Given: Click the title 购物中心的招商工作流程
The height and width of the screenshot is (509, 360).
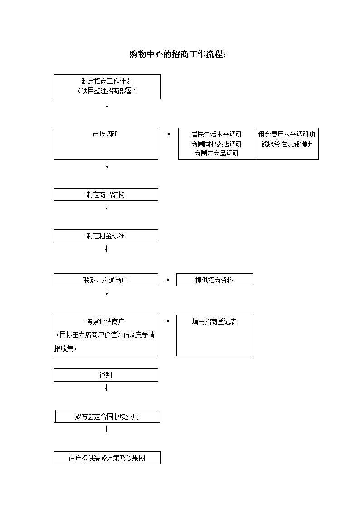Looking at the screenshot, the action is [x=177, y=54].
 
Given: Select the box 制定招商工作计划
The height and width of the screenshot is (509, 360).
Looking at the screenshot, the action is [x=107, y=87].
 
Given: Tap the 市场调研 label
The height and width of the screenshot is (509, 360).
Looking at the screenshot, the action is [x=106, y=135].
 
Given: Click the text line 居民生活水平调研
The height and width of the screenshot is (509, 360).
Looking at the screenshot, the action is [x=217, y=135].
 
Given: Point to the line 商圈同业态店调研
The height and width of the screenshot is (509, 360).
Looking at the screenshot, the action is [x=217, y=144].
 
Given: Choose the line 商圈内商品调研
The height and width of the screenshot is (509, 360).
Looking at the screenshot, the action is [x=217, y=154].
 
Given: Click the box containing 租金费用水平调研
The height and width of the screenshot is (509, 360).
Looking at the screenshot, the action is [x=287, y=144].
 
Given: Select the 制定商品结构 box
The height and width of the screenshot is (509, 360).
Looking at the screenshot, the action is [x=106, y=194].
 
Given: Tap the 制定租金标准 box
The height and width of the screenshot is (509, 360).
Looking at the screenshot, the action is [x=106, y=236].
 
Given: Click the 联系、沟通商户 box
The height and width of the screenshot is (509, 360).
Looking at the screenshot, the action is [x=106, y=280].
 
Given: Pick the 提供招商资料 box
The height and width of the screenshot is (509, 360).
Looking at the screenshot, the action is [x=214, y=280].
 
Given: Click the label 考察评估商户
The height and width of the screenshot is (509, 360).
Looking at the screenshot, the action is [x=106, y=322].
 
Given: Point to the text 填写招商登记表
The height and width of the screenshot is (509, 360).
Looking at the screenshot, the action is [x=214, y=322].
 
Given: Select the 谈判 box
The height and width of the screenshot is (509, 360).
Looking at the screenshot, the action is [x=106, y=375].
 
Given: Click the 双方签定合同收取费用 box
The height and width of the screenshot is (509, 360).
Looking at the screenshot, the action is [x=107, y=417].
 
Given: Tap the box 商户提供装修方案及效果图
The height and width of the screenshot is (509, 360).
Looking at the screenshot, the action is [x=107, y=458].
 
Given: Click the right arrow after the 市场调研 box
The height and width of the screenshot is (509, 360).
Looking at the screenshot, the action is [x=167, y=134].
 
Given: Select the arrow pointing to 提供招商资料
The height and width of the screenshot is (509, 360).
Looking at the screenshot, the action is [x=166, y=280].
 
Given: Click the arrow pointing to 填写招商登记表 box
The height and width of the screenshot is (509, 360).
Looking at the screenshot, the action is [x=166, y=321].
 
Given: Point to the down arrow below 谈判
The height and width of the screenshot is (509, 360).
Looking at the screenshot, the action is [x=106, y=388].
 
